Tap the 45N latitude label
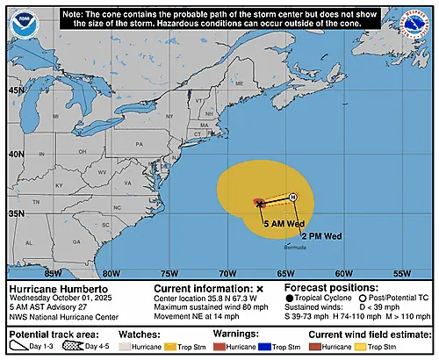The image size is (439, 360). click(x=16, y=90)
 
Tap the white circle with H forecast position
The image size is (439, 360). click(x=293, y=197)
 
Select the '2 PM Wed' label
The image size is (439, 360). click(x=321, y=236)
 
